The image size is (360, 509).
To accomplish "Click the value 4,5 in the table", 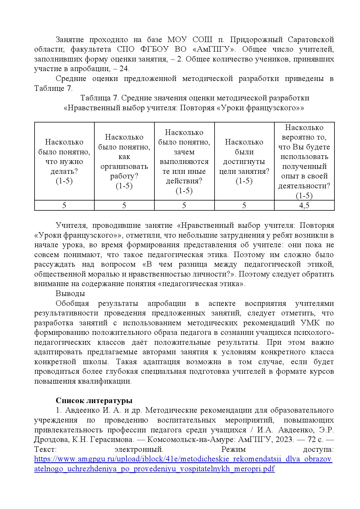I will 304,205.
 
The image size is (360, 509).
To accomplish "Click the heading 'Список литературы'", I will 94,400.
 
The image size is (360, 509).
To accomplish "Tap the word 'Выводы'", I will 70,293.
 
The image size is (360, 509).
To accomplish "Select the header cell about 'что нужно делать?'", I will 64,161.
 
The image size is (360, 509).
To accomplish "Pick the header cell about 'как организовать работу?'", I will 124,161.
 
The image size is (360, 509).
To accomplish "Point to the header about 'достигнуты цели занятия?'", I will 244,161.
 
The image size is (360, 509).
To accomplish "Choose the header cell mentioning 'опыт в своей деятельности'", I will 304,161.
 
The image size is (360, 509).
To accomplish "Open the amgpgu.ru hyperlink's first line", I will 183,459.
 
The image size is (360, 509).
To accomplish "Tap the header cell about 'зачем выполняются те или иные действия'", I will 184,161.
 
